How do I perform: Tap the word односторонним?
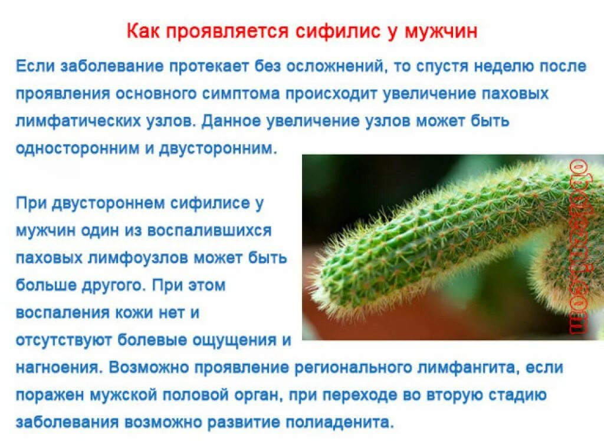click(x=77, y=148)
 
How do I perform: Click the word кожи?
click(x=127, y=312)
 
